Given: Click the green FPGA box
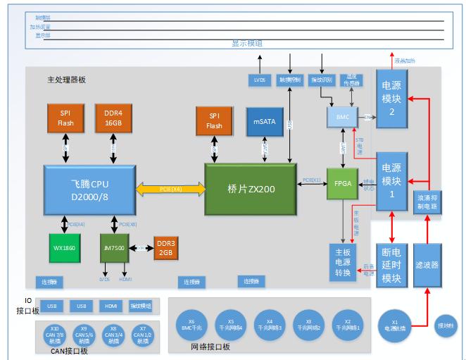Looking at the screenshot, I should [343, 182].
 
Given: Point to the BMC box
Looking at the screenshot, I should [344, 117].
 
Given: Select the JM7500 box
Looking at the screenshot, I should [113, 249].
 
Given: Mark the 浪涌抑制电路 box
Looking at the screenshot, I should [427, 202].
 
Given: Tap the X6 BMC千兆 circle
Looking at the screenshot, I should [192, 323].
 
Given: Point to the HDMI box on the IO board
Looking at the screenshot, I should [111, 306].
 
